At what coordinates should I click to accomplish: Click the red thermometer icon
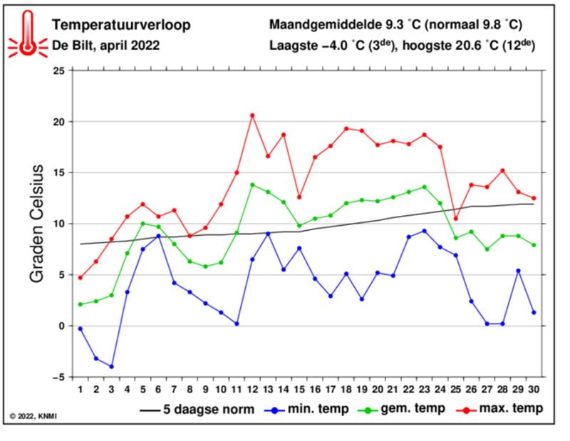[x=27, y=34]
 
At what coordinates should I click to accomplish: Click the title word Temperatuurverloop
[x=121, y=26]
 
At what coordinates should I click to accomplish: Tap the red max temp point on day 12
[x=252, y=115]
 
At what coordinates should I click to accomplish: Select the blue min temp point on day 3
[x=112, y=366]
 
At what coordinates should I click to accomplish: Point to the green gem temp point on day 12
[x=252, y=185]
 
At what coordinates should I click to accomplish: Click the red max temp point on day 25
[x=456, y=218]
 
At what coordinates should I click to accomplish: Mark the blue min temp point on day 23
[x=425, y=231]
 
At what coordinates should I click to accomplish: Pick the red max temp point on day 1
[x=81, y=277]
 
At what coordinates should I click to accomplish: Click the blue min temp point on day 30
[x=534, y=312]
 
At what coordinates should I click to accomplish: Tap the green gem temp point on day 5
[x=142, y=224]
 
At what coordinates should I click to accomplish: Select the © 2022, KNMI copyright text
[x=33, y=415]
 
